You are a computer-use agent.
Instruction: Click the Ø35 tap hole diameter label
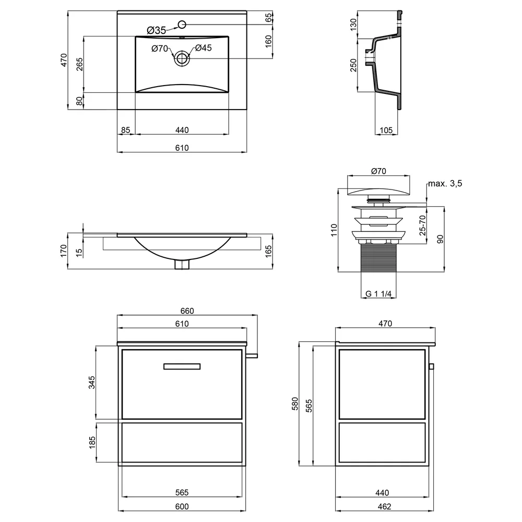coord(156,30)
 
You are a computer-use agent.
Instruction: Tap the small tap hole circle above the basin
coord(182,25)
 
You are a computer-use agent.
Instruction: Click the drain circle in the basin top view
coord(182,58)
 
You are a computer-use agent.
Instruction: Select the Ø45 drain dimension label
coord(204,48)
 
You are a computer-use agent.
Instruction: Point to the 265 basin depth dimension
coord(79,64)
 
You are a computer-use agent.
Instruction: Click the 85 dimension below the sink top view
coord(125,130)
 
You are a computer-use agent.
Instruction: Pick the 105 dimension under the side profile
coord(386,130)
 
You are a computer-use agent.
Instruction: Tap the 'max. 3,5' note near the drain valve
coord(445,183)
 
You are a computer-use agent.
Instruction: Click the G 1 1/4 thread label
coord(378,293)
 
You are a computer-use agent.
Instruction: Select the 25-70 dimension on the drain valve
coord(422,226)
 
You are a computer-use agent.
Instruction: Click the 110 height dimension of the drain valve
coord(334,230)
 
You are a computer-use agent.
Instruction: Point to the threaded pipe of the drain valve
coord(378,258)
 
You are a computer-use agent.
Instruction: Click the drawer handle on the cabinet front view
coord(182,366)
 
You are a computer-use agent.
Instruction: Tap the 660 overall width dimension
coord(187,311)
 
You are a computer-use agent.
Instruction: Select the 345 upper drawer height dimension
coord(92,382)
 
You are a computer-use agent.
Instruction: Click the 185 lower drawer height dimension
coord(92,442)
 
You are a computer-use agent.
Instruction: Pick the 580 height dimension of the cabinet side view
coord(295,404)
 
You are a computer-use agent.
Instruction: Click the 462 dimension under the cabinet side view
coord(385,506)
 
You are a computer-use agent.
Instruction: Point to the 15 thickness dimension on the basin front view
coord(79,253)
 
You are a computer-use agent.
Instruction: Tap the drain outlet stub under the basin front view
coord(182,264)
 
